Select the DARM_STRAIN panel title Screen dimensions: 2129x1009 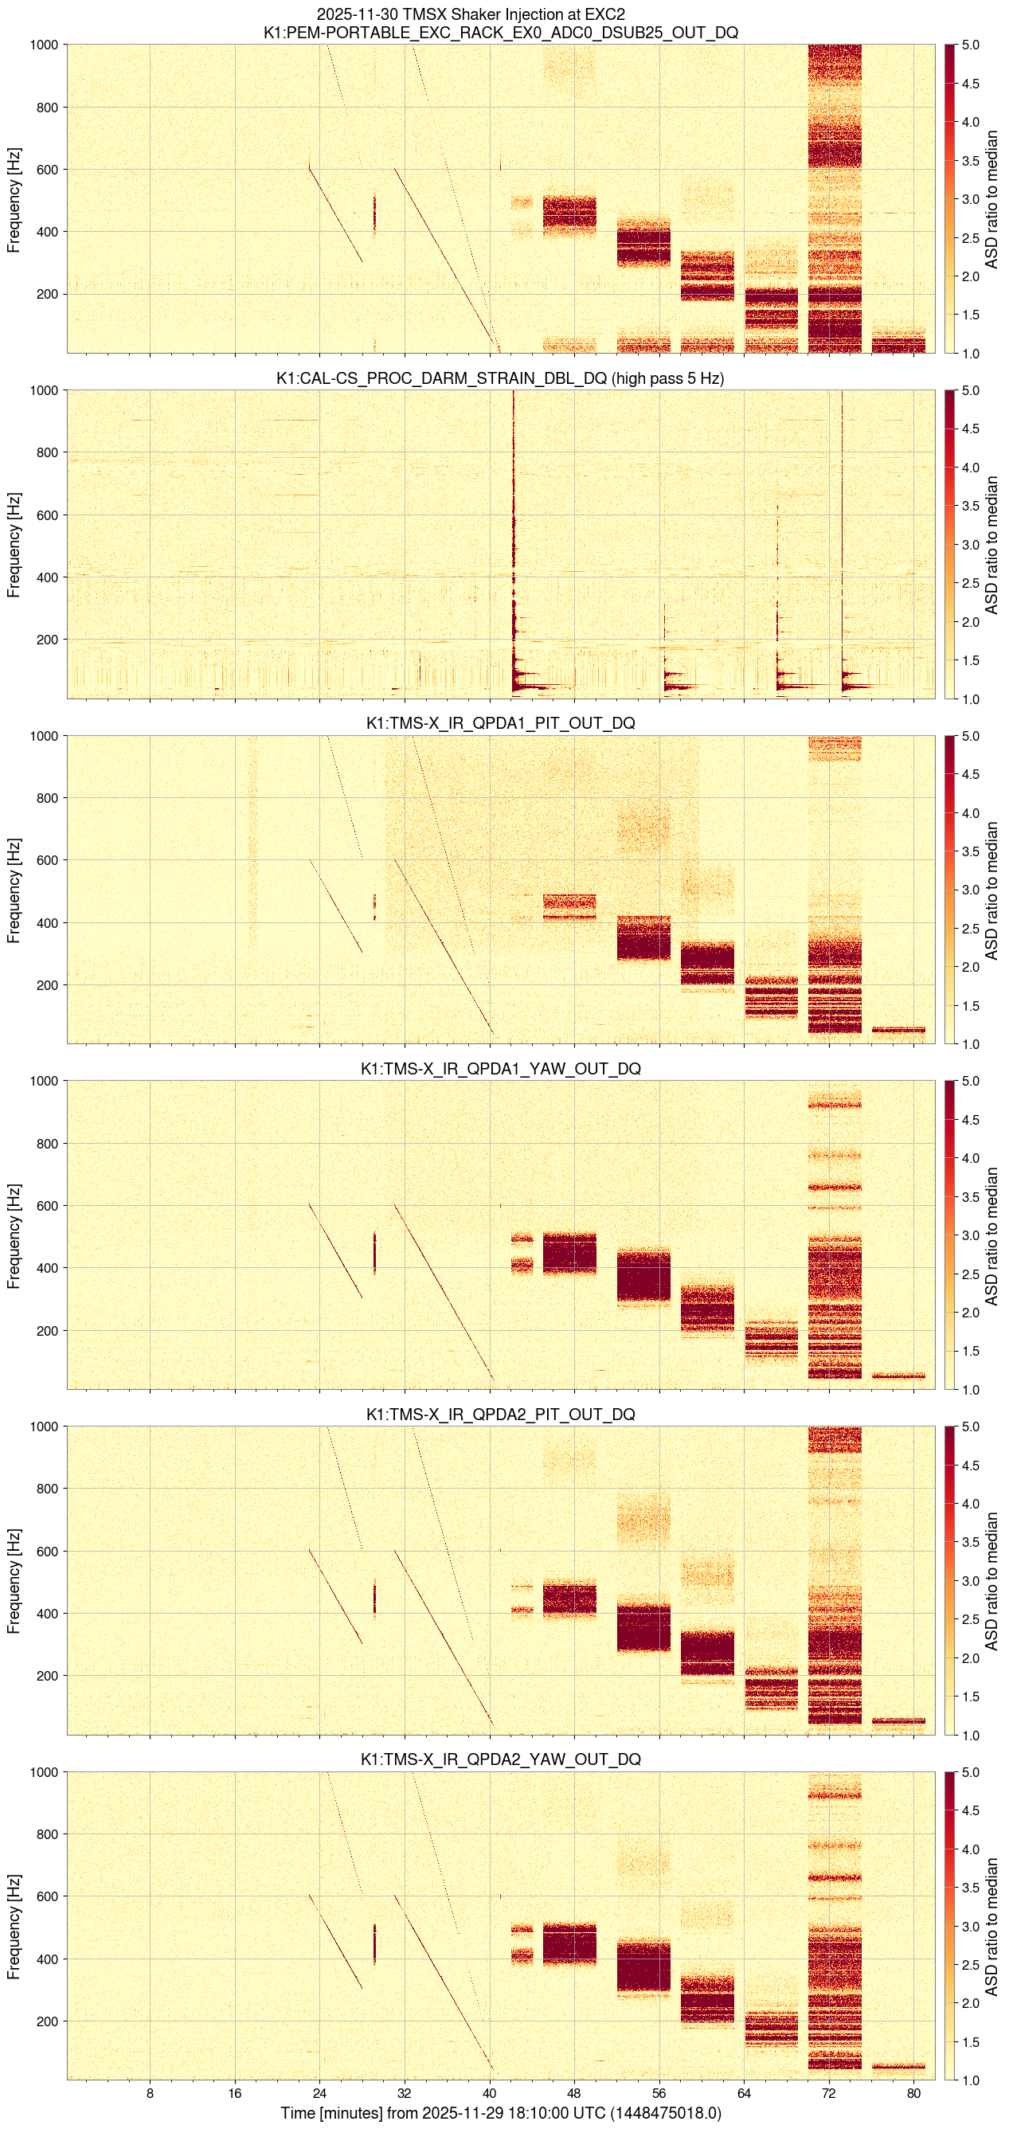tap(499, 378)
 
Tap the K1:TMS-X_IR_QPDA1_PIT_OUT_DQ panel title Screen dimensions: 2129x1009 tap(500, 723)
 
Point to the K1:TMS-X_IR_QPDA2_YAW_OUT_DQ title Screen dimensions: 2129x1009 tap(500, 1759)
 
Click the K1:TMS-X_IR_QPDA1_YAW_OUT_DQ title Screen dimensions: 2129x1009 tap(500, 1069)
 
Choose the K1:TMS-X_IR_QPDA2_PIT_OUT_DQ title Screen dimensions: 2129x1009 tap(500, 1414)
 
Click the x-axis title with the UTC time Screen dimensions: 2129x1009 tap(500, 2113)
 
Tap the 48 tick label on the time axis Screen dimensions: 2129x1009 tap(573, 2093)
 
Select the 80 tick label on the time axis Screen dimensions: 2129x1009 tap(913, 2093)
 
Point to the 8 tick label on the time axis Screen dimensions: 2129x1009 tap(150, 2093)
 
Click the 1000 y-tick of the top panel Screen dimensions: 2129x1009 tap(43, 45)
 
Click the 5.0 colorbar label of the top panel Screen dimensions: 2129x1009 tap(970, 45)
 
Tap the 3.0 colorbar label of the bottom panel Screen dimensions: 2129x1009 tap(970, 1927)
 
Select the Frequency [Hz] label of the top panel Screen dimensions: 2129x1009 tap(14, 199)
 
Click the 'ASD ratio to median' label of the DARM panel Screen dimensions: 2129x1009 tap(992, 545)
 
